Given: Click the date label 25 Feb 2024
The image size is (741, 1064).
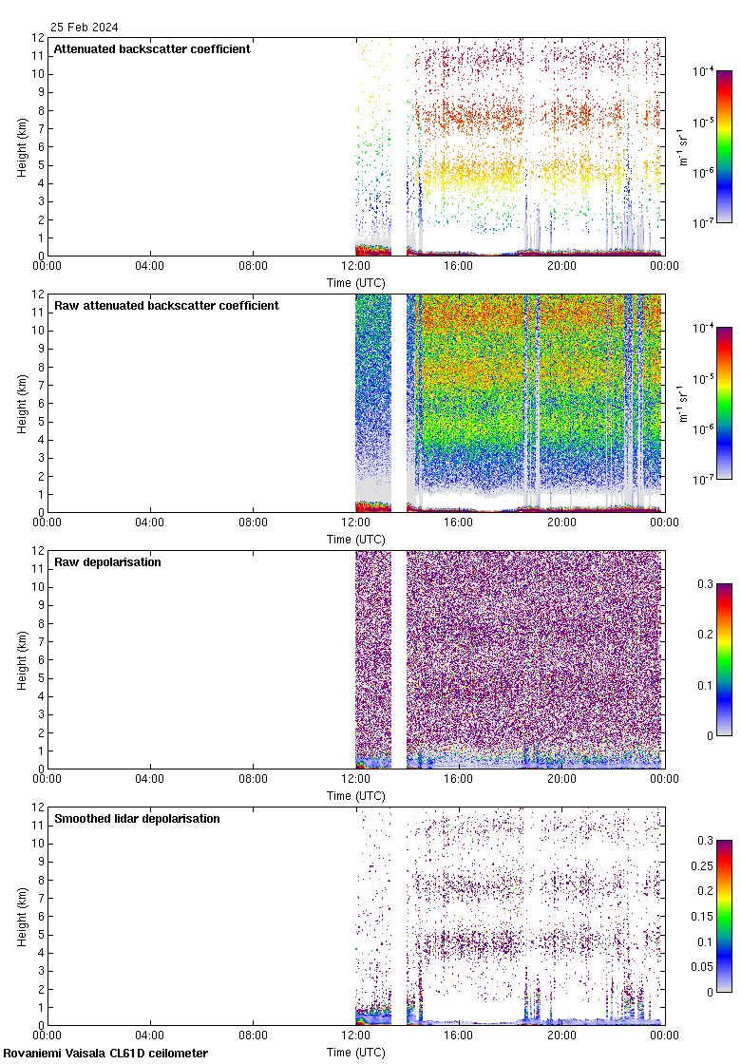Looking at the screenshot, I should (85, 28).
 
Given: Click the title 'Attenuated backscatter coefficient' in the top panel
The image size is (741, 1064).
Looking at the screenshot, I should (152, 49).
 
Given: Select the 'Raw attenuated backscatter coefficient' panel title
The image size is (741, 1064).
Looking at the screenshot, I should (166, 306).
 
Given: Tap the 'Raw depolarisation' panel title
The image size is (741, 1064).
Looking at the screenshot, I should (107, 562).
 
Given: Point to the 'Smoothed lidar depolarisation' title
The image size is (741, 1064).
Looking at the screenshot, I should (137, 819).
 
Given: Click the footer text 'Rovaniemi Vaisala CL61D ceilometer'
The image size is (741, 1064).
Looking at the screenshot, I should (105, 1053).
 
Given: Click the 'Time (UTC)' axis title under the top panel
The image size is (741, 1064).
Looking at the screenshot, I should (356, 283).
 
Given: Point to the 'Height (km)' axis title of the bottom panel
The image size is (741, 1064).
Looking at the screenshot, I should (22, 916).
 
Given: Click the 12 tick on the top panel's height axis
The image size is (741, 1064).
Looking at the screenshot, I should (37, 38).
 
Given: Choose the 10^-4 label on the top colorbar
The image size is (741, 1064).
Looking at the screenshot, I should (704, 71).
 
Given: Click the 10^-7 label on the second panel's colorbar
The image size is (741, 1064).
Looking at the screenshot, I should (704, 479).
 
